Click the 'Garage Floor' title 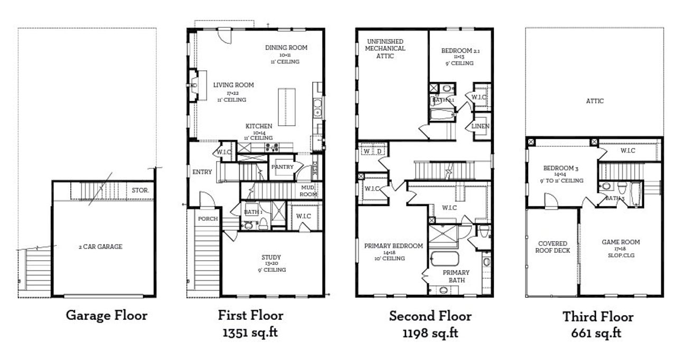point(106,316)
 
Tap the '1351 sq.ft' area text point(250,333)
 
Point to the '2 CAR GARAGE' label point(100,247)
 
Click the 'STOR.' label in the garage point(140,189)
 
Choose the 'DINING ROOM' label point(286,48)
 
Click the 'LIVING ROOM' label point(233,85)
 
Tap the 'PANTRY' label point(283,167)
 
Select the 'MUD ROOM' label point(309,191)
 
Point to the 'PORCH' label point(208,219)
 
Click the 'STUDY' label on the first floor point(271,258)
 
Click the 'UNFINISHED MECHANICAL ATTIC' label point(385,49)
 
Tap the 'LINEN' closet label point(481,127)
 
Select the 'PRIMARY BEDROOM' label point(393,246)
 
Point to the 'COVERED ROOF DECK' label point(553,247)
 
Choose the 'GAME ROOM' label point(621,242)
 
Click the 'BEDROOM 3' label point(561,169)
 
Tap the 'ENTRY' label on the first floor point(202,172)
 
